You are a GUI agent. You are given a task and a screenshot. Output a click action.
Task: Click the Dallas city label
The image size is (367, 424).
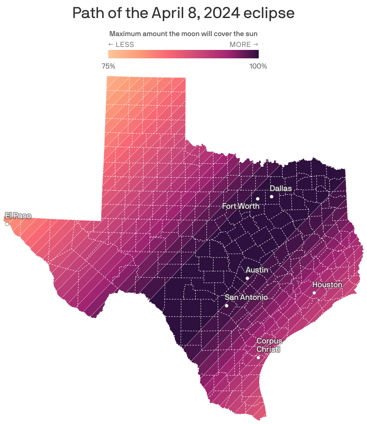click(x=280, y=189)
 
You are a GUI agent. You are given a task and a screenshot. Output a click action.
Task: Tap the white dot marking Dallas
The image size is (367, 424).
click(x=271, y=197)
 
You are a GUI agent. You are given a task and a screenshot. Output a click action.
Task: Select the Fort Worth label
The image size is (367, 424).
click(x=240, y=206)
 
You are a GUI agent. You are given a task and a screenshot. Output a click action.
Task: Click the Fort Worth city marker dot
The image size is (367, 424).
click(x=258, y=199)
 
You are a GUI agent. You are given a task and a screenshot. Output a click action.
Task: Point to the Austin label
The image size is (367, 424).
click(x=257, y=270)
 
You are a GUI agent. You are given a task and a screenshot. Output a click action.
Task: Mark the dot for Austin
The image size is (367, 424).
click(x=247, y=278)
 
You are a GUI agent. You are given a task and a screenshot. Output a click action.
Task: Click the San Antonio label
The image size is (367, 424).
click(x=246, y=297)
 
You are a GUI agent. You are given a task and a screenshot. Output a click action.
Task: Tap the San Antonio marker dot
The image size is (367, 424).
click(x=227, y=306)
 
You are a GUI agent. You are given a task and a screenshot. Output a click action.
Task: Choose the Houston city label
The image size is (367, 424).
click(x=327, y=285)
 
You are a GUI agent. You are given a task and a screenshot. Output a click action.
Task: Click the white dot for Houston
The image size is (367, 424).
click(x=314, y=293)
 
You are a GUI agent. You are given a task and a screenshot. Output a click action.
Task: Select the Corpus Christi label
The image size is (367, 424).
click(x=269, y=345)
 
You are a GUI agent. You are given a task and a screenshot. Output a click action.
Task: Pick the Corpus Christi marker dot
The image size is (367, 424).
click(x=258, y=358)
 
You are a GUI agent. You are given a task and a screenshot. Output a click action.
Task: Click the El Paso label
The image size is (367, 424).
click(x=18, y=216)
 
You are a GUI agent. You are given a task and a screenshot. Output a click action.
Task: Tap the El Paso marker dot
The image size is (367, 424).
click(x=7, y=224)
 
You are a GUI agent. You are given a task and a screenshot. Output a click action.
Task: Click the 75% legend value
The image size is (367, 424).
click(x=108, y=66)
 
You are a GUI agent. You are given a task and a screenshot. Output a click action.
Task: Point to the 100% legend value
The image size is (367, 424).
click(x=258, y=66)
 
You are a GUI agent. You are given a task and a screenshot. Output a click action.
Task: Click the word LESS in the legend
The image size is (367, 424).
click(x=125, y=45)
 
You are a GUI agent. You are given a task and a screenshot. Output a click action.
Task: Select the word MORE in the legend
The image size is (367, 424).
click(x=240, y=45)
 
